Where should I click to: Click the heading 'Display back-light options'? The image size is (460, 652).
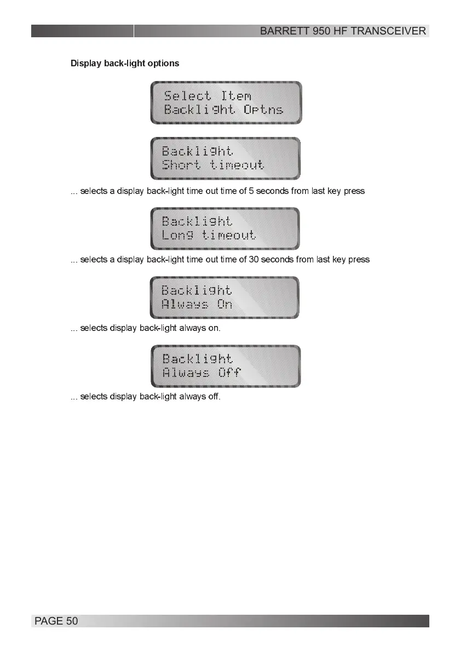[x=125, y=63]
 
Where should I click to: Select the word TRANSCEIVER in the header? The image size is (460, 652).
[x=388, y=31]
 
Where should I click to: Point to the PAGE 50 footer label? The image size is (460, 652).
[x=56, y=621]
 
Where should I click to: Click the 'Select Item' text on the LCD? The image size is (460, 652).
[x=208, y=96]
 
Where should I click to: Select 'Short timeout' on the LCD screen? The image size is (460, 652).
[x=213, y=165]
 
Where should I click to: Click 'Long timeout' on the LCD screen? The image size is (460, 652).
[x=209, y=235]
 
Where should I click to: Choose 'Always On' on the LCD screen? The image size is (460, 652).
[x=197, y=304]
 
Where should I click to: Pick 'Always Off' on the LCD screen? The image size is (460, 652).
[x=202, y=373]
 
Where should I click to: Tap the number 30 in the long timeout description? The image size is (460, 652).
[x=254, y=259]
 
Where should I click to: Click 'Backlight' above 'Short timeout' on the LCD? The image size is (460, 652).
[x=197, y=151]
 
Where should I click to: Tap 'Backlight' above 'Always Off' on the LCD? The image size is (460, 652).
[x=198, y=358]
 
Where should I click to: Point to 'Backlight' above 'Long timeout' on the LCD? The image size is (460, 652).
[x=197, y=221]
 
